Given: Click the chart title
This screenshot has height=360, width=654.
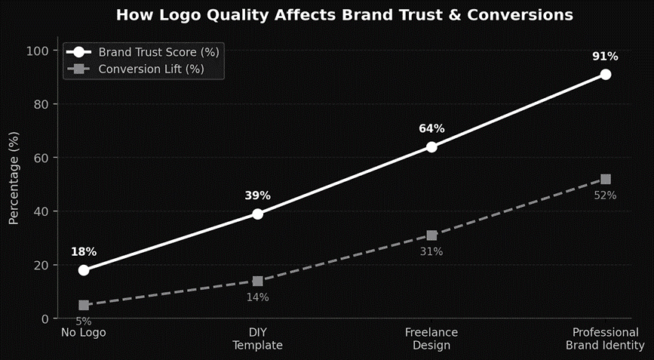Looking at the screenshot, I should coord(344,15).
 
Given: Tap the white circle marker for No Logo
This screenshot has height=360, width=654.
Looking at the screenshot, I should coord(84,270).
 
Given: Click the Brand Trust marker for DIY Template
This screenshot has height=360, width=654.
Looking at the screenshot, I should coord(258,214).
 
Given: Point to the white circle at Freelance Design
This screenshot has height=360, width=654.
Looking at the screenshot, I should coord(431,146).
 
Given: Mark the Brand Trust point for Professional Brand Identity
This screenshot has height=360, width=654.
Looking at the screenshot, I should coord(606,74).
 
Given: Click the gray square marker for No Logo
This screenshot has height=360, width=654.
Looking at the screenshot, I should coord(84,305).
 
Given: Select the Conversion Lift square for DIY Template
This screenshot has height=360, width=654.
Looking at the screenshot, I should coord(258,281).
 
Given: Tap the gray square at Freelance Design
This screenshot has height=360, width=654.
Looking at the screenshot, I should coord(431,235).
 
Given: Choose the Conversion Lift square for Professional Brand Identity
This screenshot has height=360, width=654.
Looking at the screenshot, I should coord(606,179).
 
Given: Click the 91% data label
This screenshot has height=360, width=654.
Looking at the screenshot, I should coord(605,57).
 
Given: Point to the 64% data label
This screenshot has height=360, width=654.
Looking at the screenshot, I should coord(431,129).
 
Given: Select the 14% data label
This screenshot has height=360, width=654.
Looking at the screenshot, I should coord(257,297).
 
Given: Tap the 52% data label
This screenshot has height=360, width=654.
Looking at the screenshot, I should coord(605,195).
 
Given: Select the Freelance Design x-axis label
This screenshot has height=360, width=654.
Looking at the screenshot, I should coord(431,339).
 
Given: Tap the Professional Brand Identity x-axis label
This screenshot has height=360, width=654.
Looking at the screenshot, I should coord(605,339).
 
